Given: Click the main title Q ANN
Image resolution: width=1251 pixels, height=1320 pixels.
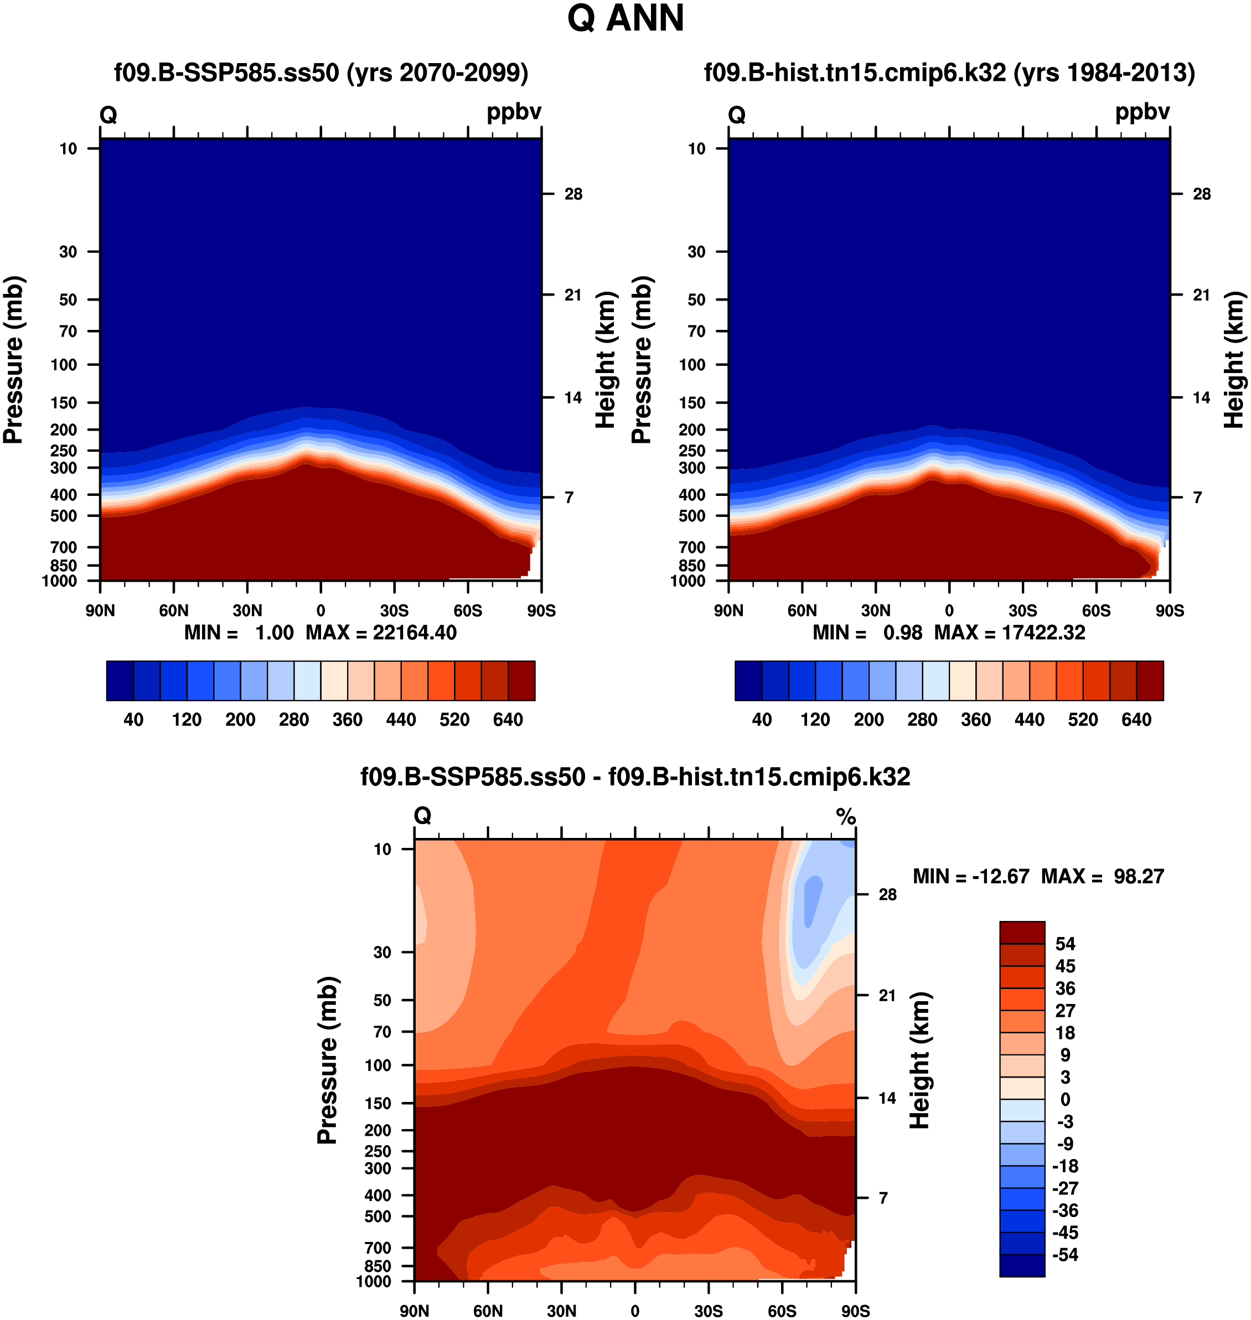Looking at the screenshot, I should pyautogui.click(x=625, y=19).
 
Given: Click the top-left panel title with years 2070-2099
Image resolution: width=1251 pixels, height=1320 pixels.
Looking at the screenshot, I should pyautogui.click(x=320, y=72).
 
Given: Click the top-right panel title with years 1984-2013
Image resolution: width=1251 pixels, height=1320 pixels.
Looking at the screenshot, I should pyautogui.click(x=949, y=72).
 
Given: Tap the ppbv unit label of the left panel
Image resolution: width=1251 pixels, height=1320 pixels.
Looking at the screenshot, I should pyautogui.click(x=514, y=111).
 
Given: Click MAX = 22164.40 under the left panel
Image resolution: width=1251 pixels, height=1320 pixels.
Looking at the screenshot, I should pyautogui.click(x=381, y=632).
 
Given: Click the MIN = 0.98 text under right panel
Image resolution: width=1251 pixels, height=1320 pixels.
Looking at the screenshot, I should pyautogui.click(x=867, y=632).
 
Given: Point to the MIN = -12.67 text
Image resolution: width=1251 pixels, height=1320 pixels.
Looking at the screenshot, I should pyautogui.click(x=970, y=876).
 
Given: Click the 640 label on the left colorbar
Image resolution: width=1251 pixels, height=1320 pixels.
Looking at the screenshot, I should pyautogui.click(x=508, y=719).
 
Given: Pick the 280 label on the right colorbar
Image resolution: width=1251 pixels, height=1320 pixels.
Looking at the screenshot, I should pyautogui.click(x=922, y=719).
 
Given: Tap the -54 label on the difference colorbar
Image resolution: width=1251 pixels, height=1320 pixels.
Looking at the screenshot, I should pyautogui.click(x=1065, y=1255).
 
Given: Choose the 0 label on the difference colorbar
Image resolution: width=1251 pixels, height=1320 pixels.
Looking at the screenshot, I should pyautogui.click(x=1065, y=1099).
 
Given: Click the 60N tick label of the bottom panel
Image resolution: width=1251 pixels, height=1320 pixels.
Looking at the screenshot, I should pyautogui.click(x=488, y=1311).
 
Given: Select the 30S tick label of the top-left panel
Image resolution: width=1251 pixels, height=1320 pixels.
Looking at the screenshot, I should pyautogui.click(x=394, y=610).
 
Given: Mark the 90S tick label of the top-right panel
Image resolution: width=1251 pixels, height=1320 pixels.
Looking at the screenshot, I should pyautogui.click(x=1170, y=610).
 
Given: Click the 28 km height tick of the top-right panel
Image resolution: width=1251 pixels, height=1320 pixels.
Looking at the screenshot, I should pyautogui.click(x=1201, y=194).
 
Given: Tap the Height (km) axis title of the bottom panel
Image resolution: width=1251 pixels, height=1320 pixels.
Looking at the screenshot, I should pyautogui.click(x=919, y=1060).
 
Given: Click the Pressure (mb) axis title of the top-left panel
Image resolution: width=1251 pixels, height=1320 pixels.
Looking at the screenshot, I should pyautogui.click(x=13, y=359).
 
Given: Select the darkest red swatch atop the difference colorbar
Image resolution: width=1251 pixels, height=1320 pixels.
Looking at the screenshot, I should pyautogui.click(x=1022, y=932).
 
